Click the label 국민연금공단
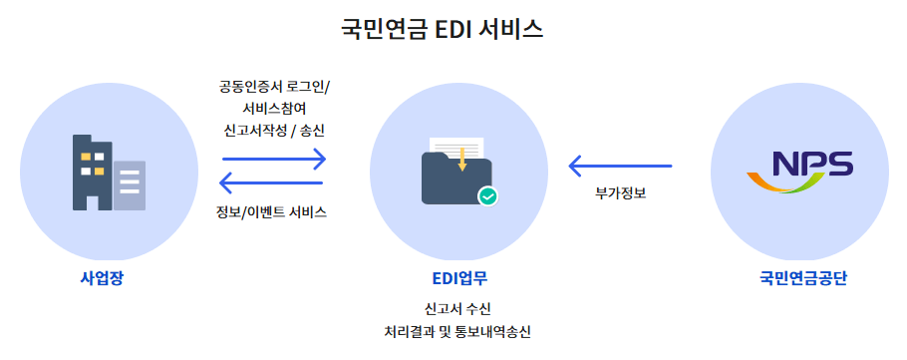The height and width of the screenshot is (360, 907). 802,277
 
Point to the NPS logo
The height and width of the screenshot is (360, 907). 799,171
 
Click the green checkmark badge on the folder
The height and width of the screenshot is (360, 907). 487,196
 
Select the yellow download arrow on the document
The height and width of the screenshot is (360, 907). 462,158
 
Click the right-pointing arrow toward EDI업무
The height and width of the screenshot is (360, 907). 274,159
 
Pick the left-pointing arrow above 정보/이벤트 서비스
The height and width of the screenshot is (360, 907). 270,182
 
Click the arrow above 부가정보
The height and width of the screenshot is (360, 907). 620,166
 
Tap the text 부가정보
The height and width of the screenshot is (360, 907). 621,192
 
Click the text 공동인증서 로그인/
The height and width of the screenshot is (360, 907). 275,87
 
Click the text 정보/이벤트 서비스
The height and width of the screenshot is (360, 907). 271,212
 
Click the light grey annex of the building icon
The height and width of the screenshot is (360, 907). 130,185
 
